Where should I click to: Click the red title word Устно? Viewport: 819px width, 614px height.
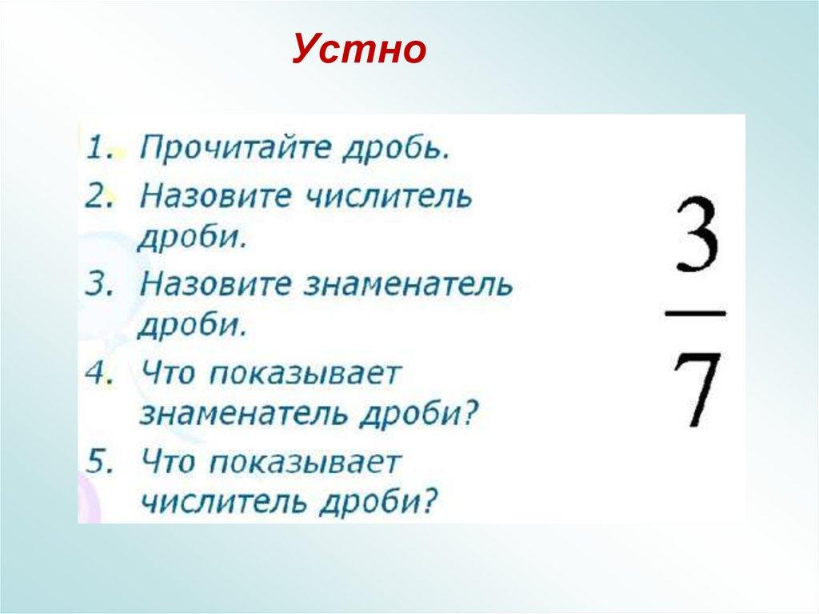(x=358, y=50)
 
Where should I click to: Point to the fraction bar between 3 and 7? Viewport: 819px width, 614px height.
(x=695, y=313)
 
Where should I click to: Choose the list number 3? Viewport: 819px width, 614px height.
(x=98, y=284)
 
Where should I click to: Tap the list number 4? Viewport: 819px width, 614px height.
(x=98, y=375)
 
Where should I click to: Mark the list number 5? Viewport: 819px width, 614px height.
(x=98, y=463)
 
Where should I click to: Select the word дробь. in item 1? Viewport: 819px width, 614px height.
(x=390, y=149)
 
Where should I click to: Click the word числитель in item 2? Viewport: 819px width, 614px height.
(x=394, y=195)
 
